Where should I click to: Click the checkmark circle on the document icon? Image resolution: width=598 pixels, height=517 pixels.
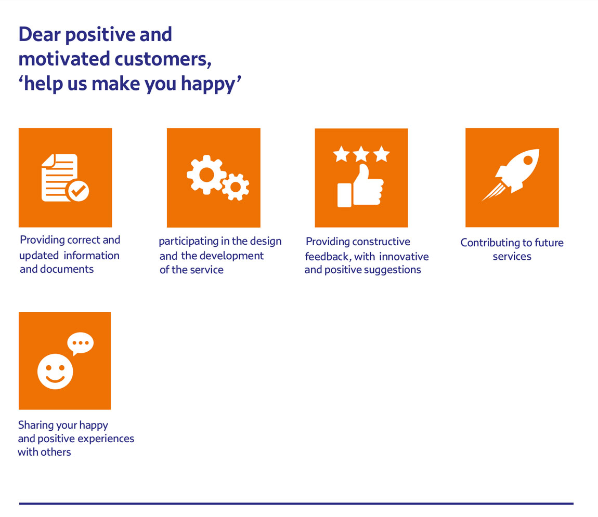point(78,190)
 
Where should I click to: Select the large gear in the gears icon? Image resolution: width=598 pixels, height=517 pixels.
point(206,175)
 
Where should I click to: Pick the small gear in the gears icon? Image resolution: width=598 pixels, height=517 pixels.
point(236,187)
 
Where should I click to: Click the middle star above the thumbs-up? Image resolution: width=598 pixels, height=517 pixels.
point(361,154)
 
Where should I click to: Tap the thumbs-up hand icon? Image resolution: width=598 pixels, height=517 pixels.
point(360,185)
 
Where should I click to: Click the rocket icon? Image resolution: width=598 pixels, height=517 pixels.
point(511,175)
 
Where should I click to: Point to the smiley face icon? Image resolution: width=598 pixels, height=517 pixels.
point(55,372)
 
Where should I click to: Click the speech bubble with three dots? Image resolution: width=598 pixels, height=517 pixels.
point(80,343)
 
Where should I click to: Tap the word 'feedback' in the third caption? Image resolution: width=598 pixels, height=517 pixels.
point(328,257)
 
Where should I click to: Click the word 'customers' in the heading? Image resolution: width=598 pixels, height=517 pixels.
point(163,59)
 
